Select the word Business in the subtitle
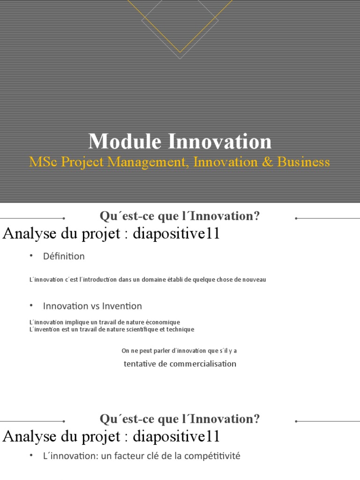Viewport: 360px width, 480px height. (x=303, y=162)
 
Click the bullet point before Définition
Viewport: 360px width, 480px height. (x=31, y=255)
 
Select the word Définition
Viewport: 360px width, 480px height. (x=64, y=256)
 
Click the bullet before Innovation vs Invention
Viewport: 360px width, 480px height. (x=31, y=305)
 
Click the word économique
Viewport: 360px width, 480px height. (x=160, y=322)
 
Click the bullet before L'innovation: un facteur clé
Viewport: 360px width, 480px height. (x=31, y=455)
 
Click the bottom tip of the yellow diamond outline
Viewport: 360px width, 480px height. (x=180, y=52)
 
